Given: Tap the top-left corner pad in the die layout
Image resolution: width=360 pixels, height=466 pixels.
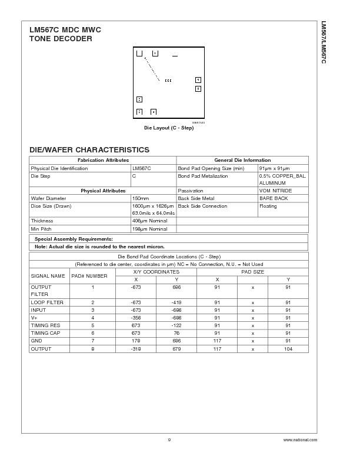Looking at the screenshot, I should tap(139, 54).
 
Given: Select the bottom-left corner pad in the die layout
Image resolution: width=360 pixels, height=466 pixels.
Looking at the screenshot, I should tap(139, 112).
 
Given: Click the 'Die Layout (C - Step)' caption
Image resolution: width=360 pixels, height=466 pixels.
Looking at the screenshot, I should tap(169, 128).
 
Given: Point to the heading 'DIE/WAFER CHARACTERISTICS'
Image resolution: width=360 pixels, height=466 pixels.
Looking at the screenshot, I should tap(89, 150).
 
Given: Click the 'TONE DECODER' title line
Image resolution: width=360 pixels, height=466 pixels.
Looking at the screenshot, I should tap(61, 39).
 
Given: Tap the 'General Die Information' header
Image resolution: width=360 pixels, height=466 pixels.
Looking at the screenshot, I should tap(242, 160).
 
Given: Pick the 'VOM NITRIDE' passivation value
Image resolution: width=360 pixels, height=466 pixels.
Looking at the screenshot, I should tap(275, 191).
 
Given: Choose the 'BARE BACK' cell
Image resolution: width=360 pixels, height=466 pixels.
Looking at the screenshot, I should tap(274, 198).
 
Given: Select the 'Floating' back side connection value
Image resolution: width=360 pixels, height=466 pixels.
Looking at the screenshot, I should tap(268, 206).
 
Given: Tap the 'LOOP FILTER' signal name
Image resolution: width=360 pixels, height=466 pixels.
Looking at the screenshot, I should tap(47, 302).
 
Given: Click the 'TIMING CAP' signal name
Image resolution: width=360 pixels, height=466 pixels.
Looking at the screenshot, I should tap(46, 333).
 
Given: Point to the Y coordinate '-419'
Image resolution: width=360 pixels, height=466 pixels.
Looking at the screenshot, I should tap(176, 302).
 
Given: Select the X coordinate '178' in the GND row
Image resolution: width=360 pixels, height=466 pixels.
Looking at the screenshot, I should tap(136, 341).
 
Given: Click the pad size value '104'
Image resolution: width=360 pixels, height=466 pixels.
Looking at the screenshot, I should tap(288, 348).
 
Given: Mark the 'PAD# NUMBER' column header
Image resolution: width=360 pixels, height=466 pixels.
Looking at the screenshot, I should tap(89, 275).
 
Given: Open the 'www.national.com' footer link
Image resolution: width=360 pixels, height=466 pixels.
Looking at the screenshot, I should tap(299, 440).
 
